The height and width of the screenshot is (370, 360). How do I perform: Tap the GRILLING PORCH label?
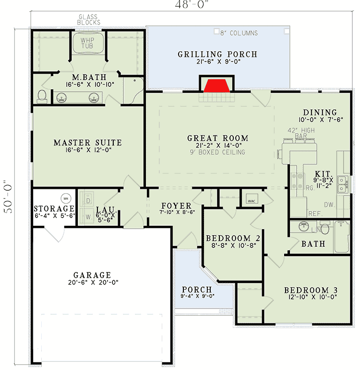click(217, 54)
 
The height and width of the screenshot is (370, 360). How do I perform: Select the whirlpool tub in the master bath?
click(88, 43)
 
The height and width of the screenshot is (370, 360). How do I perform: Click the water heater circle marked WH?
click(66, 198)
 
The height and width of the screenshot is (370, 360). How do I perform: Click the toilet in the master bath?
click(42, 97)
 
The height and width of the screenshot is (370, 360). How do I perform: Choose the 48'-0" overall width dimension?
click(192, 4)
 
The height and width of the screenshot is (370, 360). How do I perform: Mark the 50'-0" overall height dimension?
click(8, 197)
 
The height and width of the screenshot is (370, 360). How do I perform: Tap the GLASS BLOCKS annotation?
click(89, 20)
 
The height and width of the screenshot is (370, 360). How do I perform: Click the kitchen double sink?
click(343, 185)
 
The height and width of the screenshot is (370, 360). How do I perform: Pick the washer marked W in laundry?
click(87, 217)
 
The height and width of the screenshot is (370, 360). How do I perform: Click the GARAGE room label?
click(92, 275)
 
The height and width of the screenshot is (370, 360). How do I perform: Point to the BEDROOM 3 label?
click(311, 290)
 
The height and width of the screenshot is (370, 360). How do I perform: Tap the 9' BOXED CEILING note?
click(217, 152)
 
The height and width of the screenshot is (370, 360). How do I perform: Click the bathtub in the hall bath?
click(342, 237)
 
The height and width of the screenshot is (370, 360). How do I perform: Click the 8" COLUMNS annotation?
click(239, 33)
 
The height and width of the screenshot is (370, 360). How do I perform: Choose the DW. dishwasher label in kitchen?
click(330, 205)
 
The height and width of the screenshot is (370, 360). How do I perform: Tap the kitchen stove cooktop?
click(297, 181)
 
